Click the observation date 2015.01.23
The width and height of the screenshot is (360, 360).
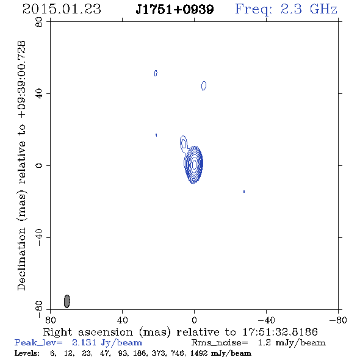62,9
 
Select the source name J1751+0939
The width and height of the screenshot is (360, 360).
175,9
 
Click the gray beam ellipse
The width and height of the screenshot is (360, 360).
67,301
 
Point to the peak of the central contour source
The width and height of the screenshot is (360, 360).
194,164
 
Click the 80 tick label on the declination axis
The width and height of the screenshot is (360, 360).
39,22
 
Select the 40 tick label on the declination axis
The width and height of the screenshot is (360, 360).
39,94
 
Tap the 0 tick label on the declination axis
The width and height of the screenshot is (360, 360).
39,165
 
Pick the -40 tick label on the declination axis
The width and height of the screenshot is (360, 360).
39,237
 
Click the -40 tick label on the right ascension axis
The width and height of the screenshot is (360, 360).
266,320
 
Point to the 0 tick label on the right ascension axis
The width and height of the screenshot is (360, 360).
194,320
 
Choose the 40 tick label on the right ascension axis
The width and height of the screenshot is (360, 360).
122,320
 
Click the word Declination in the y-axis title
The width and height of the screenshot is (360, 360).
21,259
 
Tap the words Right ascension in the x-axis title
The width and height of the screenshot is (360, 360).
88,332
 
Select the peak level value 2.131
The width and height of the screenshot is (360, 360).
84,342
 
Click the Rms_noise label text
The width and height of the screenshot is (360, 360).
220,343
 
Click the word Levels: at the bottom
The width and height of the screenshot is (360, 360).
27,353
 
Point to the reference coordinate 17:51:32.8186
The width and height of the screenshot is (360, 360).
280,332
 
